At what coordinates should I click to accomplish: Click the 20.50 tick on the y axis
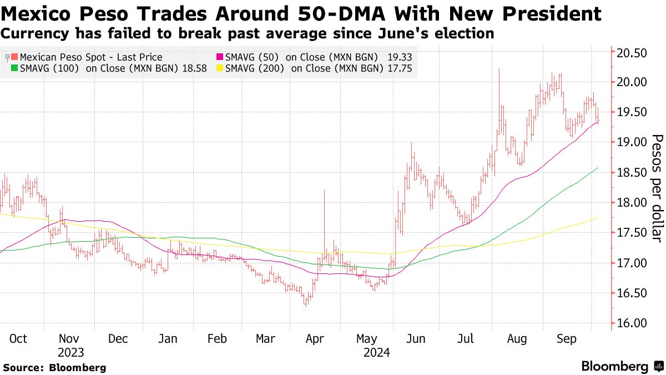tap(632, 53)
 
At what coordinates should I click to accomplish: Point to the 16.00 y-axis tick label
tap(632, 323)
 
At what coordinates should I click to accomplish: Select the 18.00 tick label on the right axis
tap(632, 203)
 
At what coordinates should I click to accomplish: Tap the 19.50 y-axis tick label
tap(632, 112)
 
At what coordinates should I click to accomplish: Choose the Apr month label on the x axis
tap(315, 339)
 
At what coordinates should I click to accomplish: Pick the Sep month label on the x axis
tap(567, 339)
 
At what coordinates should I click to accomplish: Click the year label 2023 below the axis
tap(70, 352)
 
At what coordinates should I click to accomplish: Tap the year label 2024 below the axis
tap(376, 352)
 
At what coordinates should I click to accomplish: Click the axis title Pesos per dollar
tap(657, 188)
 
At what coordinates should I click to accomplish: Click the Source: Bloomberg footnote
tap(54, 367)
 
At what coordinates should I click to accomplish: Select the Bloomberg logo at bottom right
tap(622, 366)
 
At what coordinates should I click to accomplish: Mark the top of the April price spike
tap(324, 191)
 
